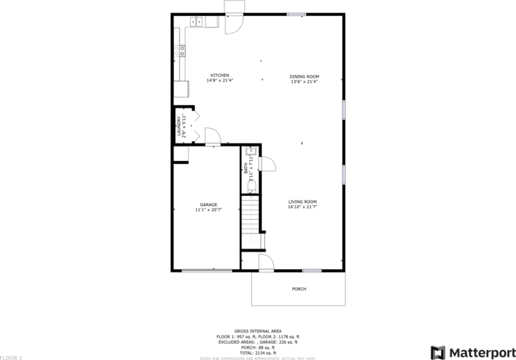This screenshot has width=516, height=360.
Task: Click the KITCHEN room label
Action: coord(220,76)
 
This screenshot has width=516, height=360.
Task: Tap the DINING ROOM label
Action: coord(304,76)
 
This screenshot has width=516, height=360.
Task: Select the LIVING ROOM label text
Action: coord(302,201)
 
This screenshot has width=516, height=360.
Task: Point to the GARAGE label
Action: coord(208,204)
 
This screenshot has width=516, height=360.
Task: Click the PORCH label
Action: coord(299,289)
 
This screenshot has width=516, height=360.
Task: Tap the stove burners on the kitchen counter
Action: coord(182,51)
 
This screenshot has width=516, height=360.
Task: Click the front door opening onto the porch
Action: coord(266,263)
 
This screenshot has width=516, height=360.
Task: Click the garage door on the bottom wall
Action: coord(207,270)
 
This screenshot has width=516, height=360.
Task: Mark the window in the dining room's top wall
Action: coord(297,14)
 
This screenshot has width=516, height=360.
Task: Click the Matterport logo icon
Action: coord(438,352)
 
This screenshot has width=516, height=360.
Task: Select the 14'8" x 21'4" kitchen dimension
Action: coord(220,81)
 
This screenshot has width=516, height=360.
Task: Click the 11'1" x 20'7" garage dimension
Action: coord(208,210)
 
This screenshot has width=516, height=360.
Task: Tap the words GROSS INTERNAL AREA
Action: coord(257,331)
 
